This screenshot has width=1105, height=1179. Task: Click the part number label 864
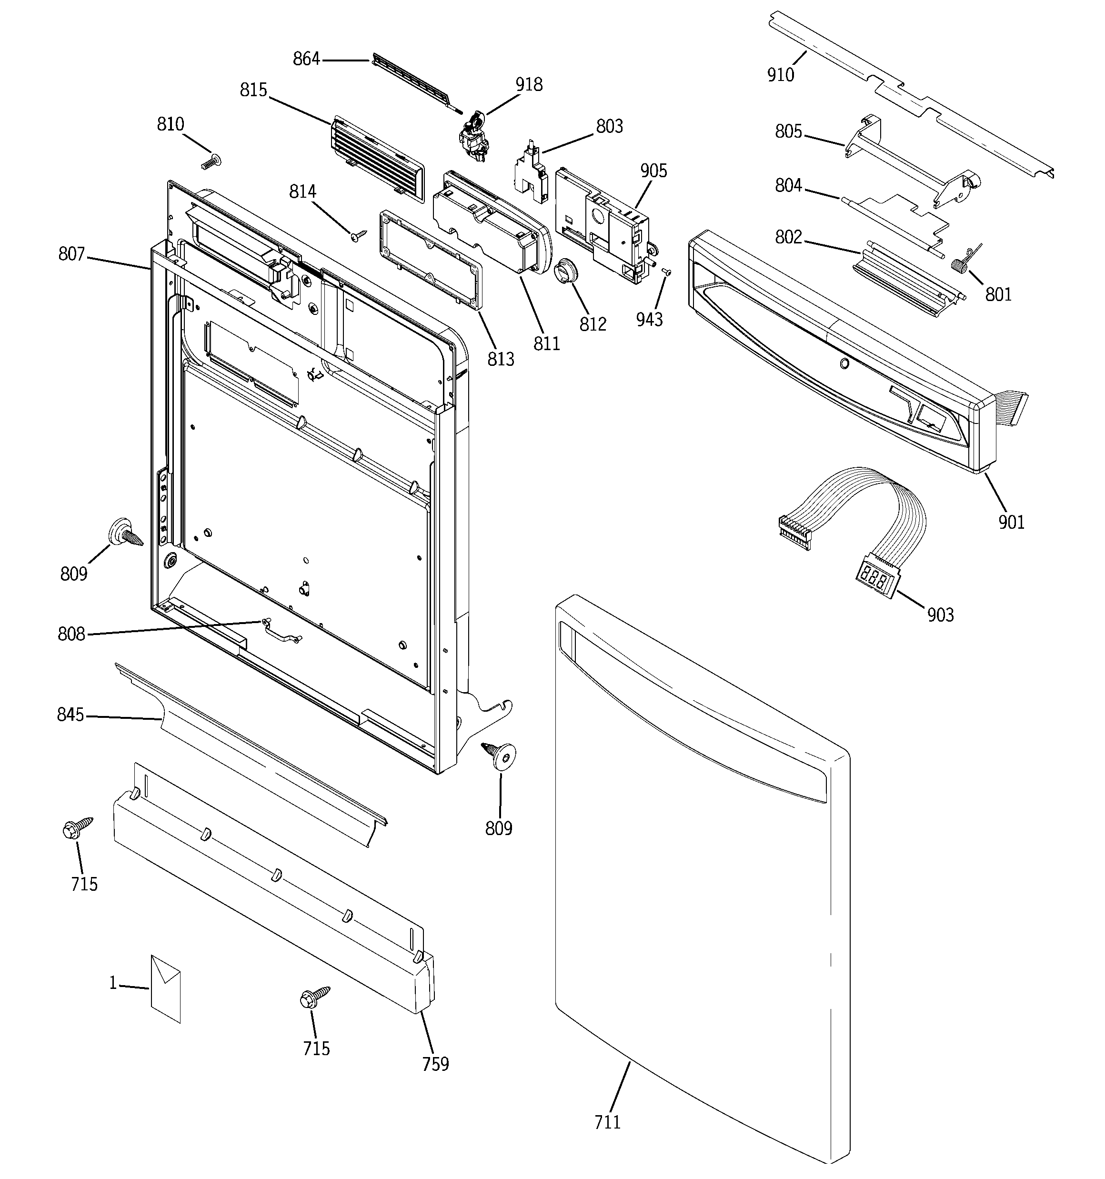(x=306, y=59)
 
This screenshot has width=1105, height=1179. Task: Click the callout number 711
(x=607, y=1122)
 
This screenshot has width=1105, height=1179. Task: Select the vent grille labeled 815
(x=377, y=160)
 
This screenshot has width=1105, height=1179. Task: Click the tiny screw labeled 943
(x=665, y=272)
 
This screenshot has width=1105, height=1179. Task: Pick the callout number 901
(x=1011, y=522)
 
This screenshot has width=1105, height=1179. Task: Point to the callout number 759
(x=435, y=1065)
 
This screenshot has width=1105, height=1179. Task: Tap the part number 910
(x=780, y=75)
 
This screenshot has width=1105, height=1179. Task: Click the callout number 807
(x=72, y=254)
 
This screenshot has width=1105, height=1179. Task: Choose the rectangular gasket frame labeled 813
(x=430, y=259)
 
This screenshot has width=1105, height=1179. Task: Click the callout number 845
(x=70, y=715)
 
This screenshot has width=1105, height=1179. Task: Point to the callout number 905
(x=653, y=171)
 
